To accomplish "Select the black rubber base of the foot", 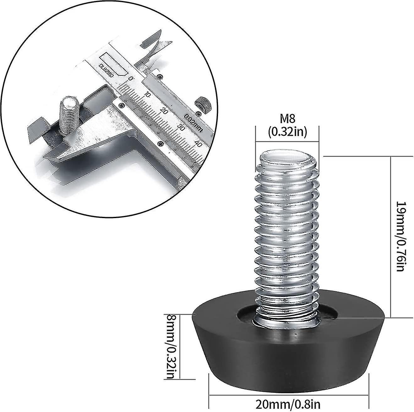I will pos(287,346).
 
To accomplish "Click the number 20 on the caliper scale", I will pos(164,110).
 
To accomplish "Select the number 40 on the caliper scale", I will pos(198,144).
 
